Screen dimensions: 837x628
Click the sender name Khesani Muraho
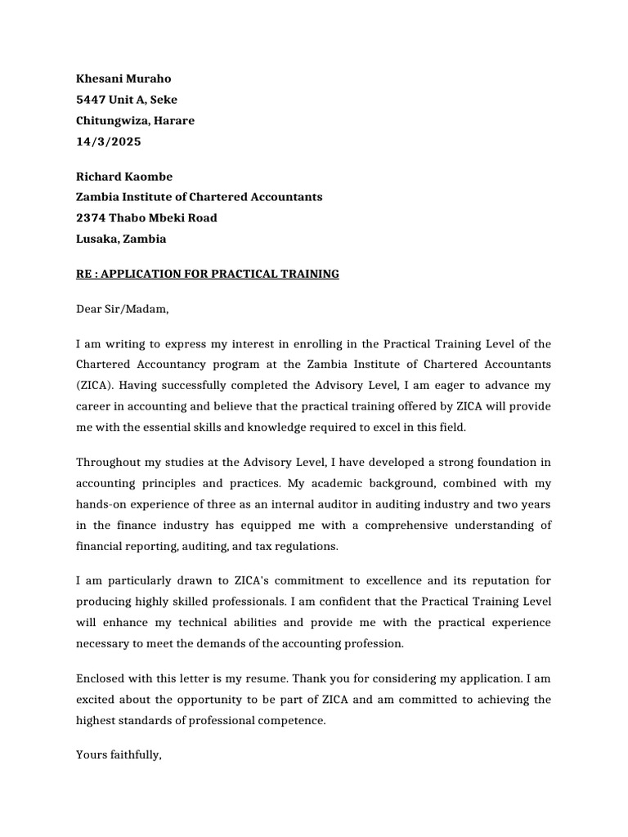click(x=123, y=79)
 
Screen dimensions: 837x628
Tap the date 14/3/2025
click(x=108, y=141)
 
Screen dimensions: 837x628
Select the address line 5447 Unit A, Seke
click(x=126, y=100)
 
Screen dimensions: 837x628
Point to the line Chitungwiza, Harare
click(x=135, y=121)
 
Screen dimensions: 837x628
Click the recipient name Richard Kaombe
click(x=123, y=177)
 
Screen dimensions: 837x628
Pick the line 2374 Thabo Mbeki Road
click(x=146, y=218)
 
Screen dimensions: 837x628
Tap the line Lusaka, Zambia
click(x=121, y=239)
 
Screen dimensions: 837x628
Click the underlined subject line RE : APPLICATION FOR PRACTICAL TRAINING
click(x=207, y=274)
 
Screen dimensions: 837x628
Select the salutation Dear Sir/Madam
click(x=122, y=309)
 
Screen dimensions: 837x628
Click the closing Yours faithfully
click(x=119, y=755)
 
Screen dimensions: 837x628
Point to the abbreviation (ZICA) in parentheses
click(x=96, y=384)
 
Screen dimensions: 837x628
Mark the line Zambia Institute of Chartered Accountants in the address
click(x=199, y=197)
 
